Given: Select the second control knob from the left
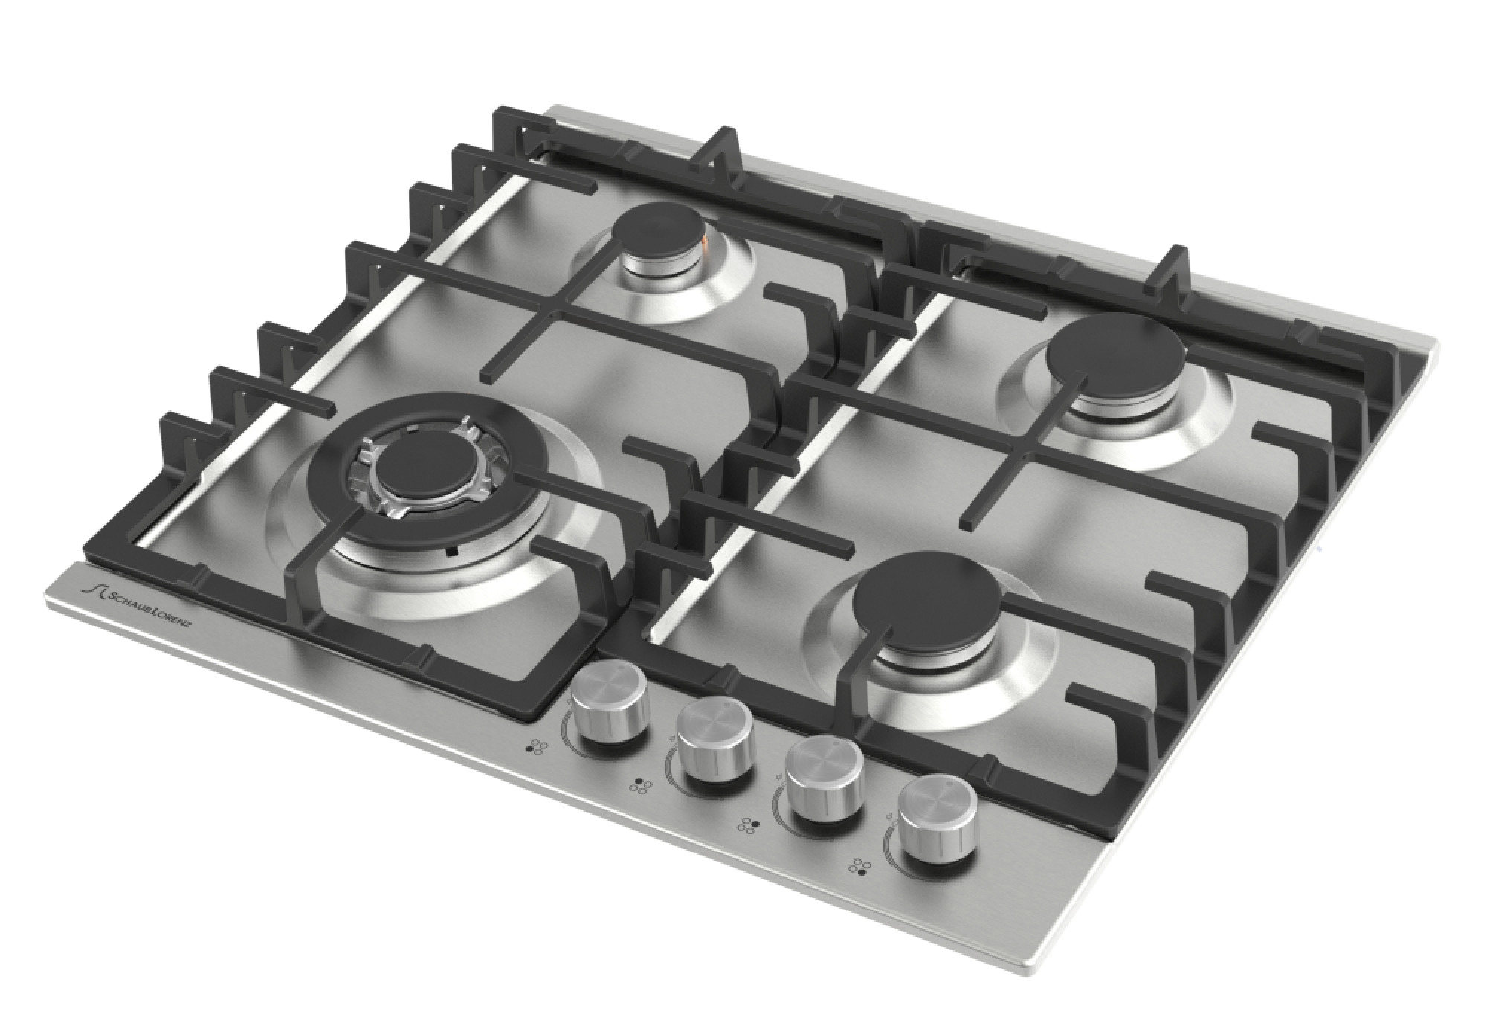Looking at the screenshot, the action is pos(714,743).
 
